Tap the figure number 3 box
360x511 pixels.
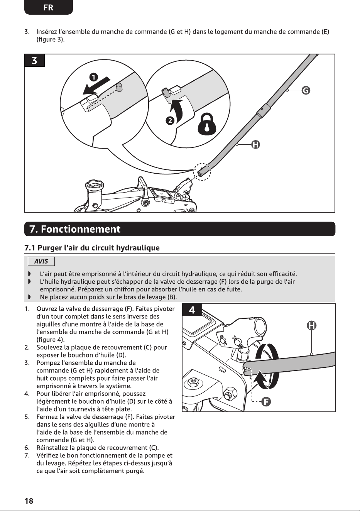tap(35, 61)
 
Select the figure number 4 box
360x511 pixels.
tap(192, 310)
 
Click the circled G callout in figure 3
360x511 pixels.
tap(306, 91)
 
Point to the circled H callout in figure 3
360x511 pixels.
tap(256, 145)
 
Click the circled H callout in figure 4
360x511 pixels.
tap(311, 325)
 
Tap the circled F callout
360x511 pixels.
tap(266, 401)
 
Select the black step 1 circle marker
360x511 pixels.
tap(93, 77)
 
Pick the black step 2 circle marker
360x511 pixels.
tap(170, 121)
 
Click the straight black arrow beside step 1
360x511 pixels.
tap(96, 86)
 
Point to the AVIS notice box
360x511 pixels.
tap(41, 261)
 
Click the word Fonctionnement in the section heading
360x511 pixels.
tap(81, 229)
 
